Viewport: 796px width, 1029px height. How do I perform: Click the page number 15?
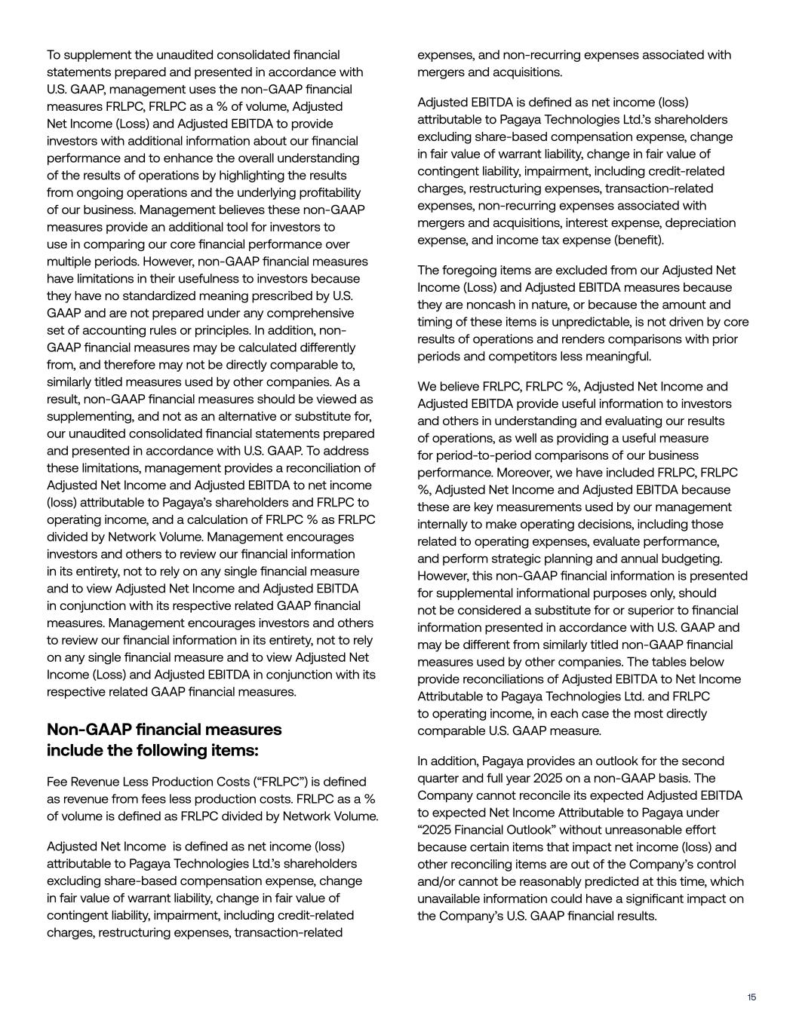pyautogui.click(x=751, y=997)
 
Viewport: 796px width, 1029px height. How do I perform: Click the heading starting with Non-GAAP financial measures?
pyautogui.click(x=164, y=740)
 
